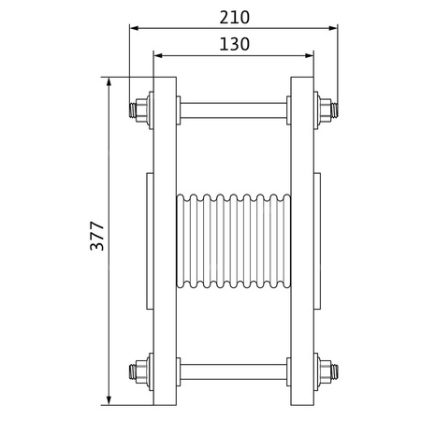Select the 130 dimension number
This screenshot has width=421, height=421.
235,44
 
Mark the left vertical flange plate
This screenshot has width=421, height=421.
165,240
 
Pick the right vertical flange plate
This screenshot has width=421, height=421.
302,240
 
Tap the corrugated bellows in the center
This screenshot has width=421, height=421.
234,240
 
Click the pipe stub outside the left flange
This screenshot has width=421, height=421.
149,240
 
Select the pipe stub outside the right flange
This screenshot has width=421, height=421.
318,240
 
